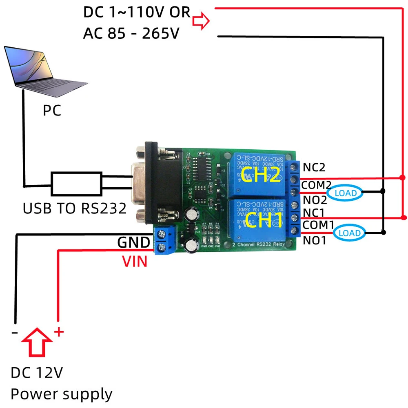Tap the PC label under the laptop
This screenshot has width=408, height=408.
tap(52, 111)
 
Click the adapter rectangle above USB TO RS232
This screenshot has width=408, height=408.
tap(76, 184)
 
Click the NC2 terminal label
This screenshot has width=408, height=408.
tap(314, 167)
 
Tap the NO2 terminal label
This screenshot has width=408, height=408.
tap(314, 200)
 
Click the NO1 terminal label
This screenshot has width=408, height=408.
tap(314, 241)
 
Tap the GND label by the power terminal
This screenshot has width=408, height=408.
tap(133, 243)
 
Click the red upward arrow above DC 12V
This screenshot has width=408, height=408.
tap(37, 341)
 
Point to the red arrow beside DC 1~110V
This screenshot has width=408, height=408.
tap(201, 20)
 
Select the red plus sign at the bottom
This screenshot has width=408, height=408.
tap(59, 332)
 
